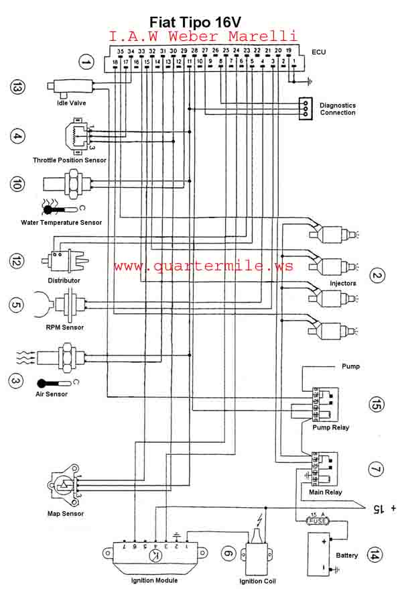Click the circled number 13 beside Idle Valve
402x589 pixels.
pyautogui.click(x=18, y=87)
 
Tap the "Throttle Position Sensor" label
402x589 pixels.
pyautogui.click(x=70, y=160)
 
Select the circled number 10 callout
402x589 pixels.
pyautogui.click(x=18, y=182)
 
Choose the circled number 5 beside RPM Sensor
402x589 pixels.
pyautogui.click(x=18, y=305)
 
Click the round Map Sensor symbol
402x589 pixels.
pyautogui.click(x=61, y=486)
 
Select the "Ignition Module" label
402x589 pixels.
pyautogui.click(x=155, y=580)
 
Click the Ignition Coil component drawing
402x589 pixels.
pyautogui.click(x=257, y=554)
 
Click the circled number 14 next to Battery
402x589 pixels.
pyautogui.click(x=377, y=555)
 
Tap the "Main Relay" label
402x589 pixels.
pyautogui.click(x=326, y=492)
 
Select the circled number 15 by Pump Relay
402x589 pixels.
pyautogui.click(x=377, y=405)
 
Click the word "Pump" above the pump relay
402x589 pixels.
pyautogui.click(x=350, y=367)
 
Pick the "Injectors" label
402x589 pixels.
pyautogui.click(x=343, y=283)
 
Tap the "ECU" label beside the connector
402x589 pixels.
pyautogui.click(x=319, y=52)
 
